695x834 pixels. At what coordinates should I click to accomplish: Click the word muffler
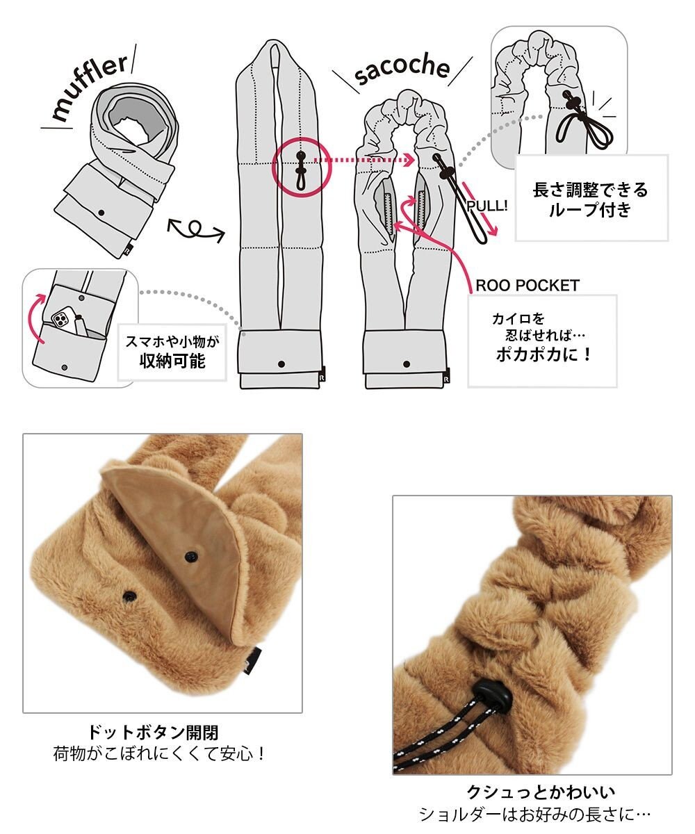point(90,87)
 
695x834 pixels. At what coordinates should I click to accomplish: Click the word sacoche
point(402,70)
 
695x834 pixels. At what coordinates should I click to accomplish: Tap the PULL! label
point(487,206)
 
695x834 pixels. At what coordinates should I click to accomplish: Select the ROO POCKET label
point(528,286)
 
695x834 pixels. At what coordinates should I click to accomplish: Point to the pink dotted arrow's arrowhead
point(409,160)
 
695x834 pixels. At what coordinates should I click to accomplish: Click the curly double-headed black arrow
point(196,229)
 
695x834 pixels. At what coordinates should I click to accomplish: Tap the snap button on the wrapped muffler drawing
point(101,213)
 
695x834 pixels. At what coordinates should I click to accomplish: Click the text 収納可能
point(172,361)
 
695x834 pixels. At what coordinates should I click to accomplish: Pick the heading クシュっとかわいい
point(541,792)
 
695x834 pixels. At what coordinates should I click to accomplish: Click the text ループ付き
point(590,210)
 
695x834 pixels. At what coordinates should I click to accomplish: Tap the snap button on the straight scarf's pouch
point(281,364)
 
